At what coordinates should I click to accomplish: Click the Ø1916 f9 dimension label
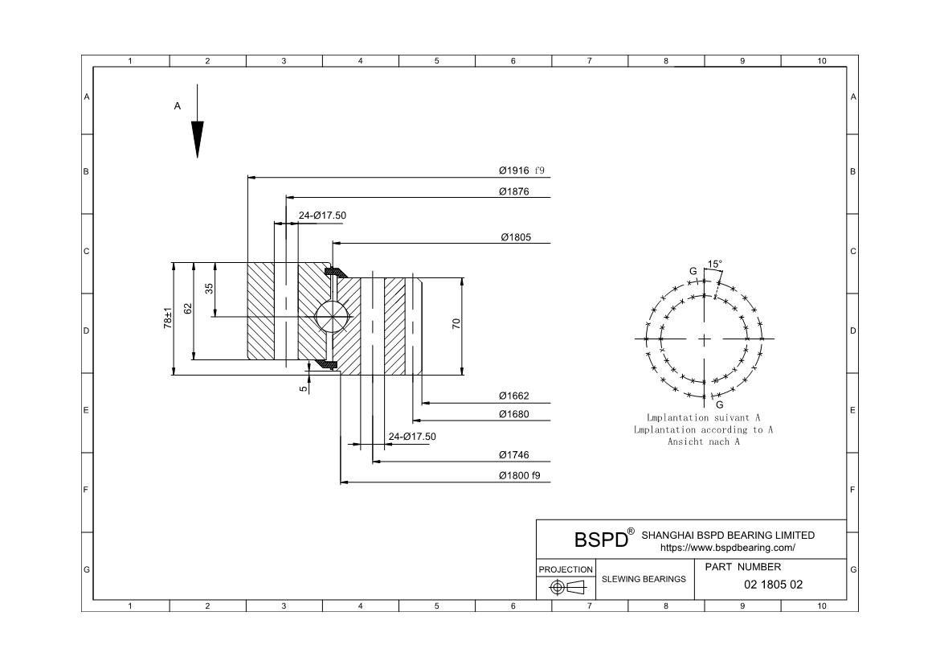pos(521,170)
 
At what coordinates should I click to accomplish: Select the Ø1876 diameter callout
pos(513,191)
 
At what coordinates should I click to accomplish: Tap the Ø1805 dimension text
pos(515,237)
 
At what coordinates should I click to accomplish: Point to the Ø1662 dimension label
pos(513,396)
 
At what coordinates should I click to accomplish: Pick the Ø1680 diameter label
pos(513,414)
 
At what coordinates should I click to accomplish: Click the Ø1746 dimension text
pos(513,455)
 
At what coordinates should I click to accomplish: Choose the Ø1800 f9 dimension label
pos(519,475)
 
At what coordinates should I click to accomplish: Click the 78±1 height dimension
pos(168,318)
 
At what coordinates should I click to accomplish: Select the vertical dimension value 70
pos(456,324)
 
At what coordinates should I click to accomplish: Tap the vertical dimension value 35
pos(209,288)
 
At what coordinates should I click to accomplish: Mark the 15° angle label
pos(714,264)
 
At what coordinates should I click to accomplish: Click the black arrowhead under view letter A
pos(197,138)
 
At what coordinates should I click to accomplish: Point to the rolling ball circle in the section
pos(333,316)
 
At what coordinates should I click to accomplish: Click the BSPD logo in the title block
pos(601,539)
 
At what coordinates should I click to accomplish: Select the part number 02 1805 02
pos(773,585)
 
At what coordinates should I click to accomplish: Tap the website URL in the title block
pos(727,548)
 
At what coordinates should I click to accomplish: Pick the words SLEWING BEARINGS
pos(644,579)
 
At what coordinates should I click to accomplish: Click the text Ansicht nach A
pos(703,441)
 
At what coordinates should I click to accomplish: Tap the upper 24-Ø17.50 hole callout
pos(322,216)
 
